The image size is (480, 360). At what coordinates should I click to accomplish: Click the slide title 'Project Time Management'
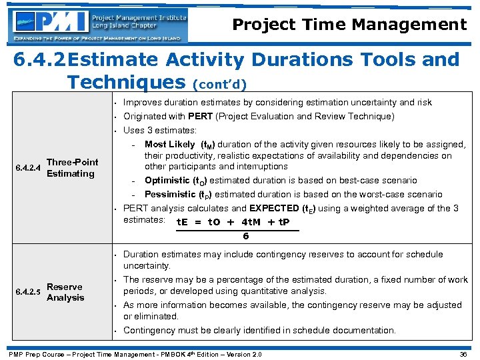point(349,25)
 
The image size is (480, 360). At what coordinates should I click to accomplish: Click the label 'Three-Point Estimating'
point(72,168)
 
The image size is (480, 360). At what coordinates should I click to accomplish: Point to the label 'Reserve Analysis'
point(65,292)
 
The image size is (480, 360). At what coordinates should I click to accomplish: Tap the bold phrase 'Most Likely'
point(169,144)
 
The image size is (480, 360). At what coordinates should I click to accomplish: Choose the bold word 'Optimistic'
point(167,181)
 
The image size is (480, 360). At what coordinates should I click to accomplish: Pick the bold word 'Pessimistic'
point(169,195)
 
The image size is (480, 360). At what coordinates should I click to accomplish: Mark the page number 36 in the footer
point(463,354)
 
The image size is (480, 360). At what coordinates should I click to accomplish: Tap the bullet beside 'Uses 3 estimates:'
point(116,130)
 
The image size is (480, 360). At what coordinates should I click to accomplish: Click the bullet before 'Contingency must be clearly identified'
point(116,331)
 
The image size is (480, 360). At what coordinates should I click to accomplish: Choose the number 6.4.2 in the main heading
point(39,60)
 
